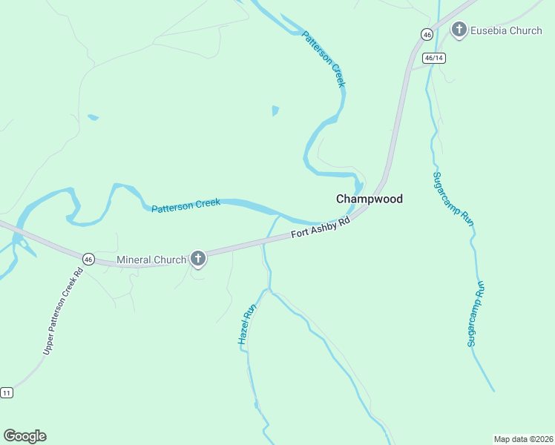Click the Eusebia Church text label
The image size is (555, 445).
[506, 30]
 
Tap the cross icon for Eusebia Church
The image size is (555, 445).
[459, 30]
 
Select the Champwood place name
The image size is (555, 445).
[370, 200]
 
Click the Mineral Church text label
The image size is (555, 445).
[151, 260]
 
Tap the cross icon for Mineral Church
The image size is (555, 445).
[197, 258]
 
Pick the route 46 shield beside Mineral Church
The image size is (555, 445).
[88, 259]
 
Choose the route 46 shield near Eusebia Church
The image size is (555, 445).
[426, 34]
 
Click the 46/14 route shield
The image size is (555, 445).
[434, 58]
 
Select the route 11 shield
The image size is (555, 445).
[7, 392]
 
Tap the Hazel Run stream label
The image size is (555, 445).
[247, 323]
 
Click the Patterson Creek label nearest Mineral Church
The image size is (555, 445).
[185, 205]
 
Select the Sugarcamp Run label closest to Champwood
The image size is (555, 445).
[453, 198]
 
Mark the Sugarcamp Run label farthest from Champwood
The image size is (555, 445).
[476, 313]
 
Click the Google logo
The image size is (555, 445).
[24, 436]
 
